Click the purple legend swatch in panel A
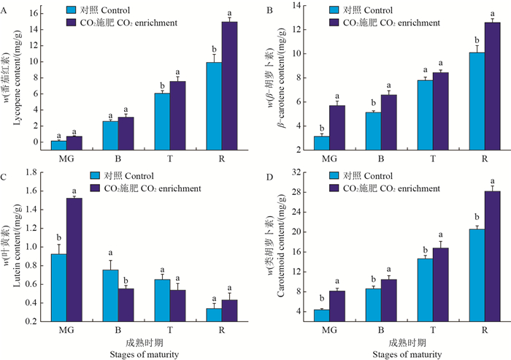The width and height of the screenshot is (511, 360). (x=71, y=23)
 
